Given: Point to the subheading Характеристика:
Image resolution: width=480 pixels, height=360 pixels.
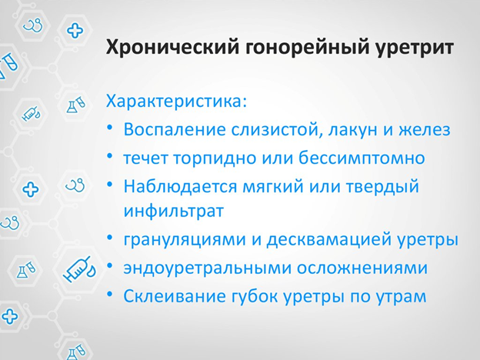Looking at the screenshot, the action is coord(176,101).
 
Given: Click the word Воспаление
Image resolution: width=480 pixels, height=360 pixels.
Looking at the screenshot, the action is coord(175,129).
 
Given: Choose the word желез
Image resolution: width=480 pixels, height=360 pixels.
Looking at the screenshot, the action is coord(425,130).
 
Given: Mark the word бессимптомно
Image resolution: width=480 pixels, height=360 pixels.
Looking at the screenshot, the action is coord(362,158).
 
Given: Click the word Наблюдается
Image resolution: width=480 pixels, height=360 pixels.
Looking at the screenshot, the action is coord(180,186).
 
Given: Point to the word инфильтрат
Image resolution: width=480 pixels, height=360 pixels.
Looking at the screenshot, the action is coord(174,212).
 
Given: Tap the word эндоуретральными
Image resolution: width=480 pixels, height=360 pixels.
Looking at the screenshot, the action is coord(207,268).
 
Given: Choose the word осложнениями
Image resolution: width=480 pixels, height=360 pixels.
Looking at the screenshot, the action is coord(362,268).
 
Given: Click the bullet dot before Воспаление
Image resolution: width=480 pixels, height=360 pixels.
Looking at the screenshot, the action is coord(110,128).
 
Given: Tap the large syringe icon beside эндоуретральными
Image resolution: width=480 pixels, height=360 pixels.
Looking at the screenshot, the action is coord(79,268).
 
